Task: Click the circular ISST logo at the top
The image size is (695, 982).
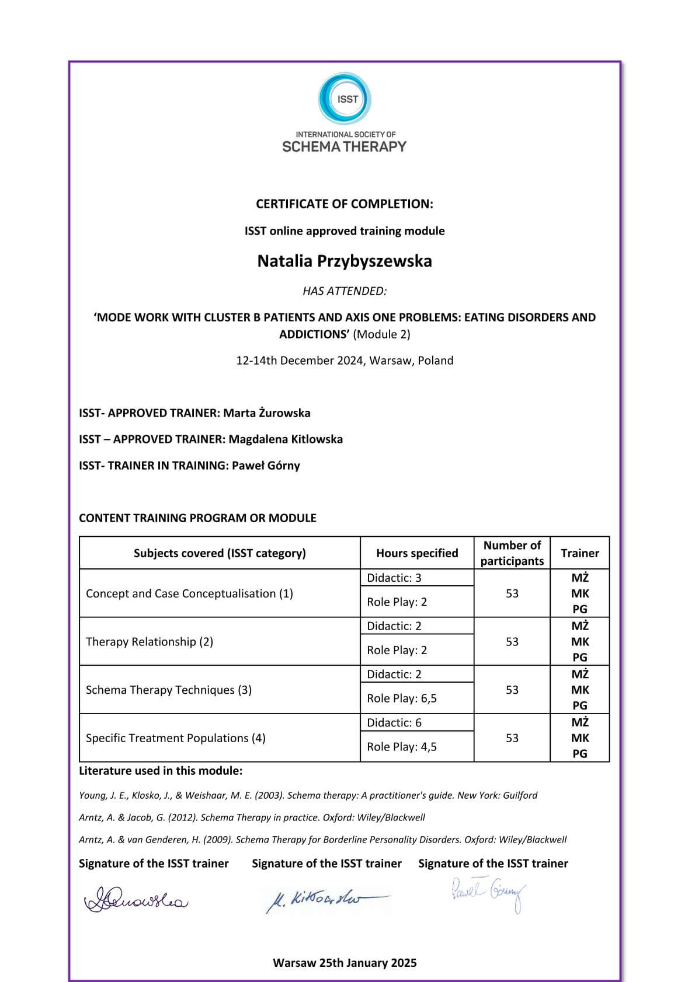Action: (345, 99)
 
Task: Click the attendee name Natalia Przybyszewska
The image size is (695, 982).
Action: (345, 261)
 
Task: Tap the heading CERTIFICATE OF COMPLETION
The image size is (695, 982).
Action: (345, 204)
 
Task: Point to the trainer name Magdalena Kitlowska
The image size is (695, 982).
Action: (286, 439)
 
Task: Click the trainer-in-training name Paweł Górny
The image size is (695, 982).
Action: (266, 466)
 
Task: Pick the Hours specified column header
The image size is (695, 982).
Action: (417, 553)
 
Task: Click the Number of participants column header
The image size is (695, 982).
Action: (512, 553)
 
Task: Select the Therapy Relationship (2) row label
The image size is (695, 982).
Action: (150, 642)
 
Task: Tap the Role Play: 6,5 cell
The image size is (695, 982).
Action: (402, 698)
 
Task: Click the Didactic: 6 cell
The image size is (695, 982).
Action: (394, 723)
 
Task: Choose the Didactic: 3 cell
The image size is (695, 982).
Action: (394, 578)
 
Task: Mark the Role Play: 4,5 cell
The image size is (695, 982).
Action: (402, 747)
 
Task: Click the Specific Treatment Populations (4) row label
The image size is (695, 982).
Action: (176, 738)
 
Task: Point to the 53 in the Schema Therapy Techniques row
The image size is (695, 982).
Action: (512, 690)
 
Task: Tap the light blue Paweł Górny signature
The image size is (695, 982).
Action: (488, 894)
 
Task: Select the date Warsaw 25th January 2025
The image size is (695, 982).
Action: (345, 963)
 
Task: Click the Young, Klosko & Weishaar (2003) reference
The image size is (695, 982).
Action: (308, 795)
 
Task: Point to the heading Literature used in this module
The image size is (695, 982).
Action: (161, 771)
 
